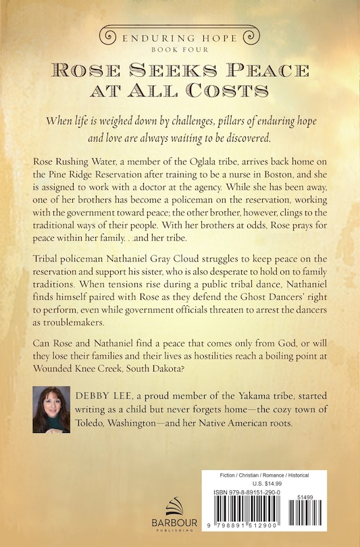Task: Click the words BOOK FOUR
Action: (x=179, y=48)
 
